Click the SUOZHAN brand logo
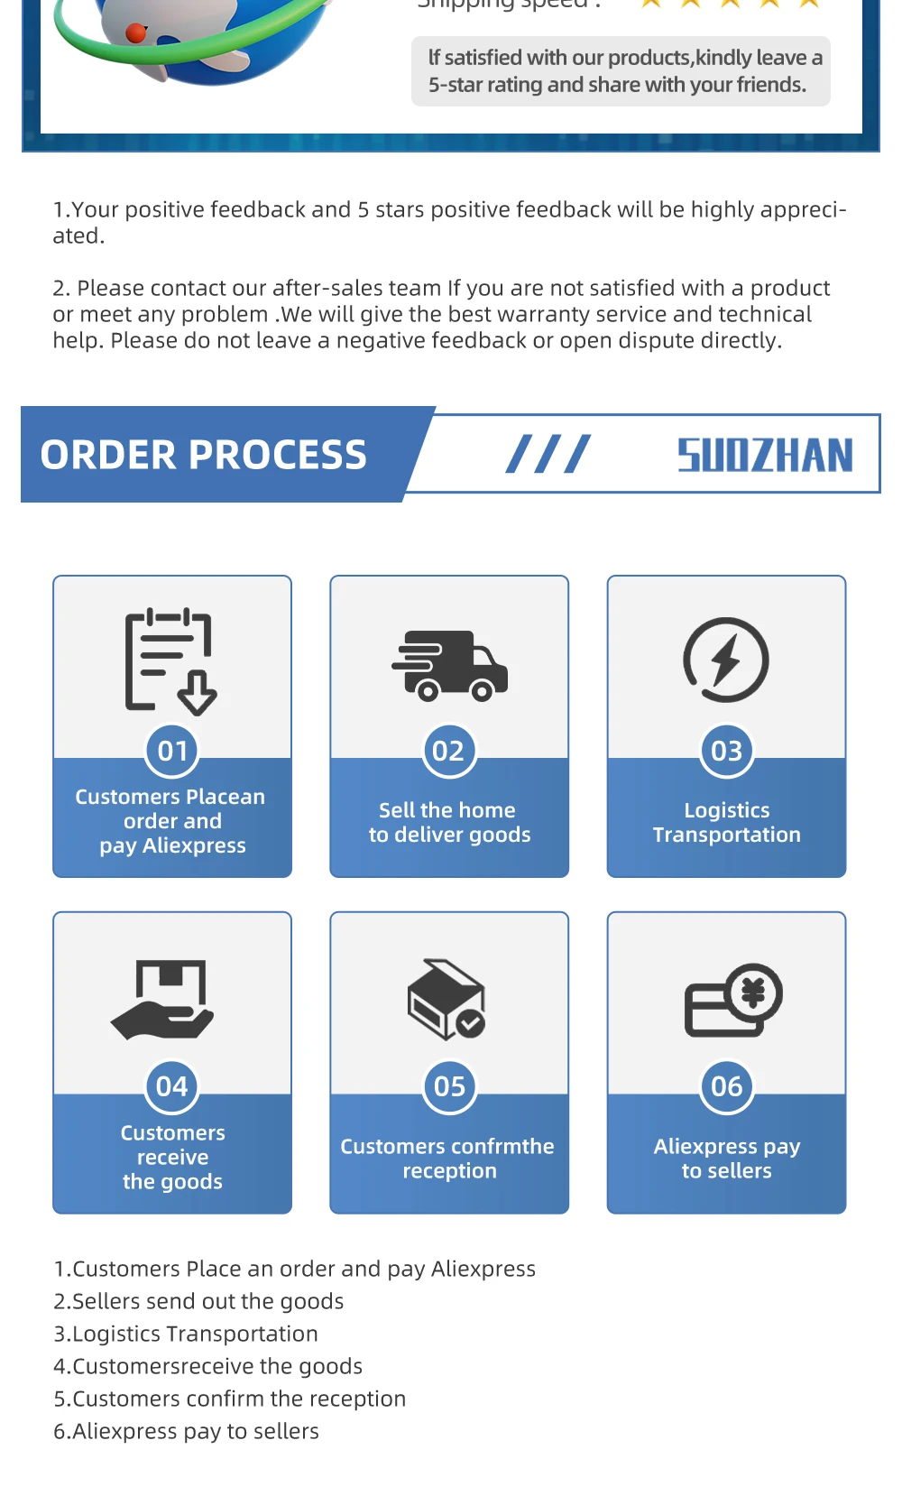[765, 455]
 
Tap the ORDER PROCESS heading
[204, 455]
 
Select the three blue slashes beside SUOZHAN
[548, 455]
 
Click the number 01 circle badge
[172, 751]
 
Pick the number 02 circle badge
[448, 751]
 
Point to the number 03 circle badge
[726, 751]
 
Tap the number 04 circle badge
[172, 1086]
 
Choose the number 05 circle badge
[449, 1086]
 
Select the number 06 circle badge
[726, 1086]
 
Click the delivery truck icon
[449, 665]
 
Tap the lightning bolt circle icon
[726, 660]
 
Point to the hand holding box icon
[163, 1000]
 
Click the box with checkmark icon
[446, 999]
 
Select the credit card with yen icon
[732, 1000]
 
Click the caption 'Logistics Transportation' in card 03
[726, 822]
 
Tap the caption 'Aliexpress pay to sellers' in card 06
[726, 1159]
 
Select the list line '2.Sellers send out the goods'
[198, 1301]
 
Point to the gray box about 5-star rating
[621, 71]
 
